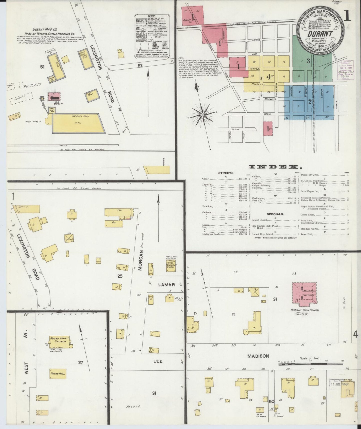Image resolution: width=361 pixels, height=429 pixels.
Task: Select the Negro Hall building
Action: click(58, 374)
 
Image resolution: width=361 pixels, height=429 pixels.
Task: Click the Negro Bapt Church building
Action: click(59, 340)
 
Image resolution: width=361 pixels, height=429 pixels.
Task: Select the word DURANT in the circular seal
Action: click(320, 34)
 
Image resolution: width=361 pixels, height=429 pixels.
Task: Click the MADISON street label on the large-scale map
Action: click(258, 356)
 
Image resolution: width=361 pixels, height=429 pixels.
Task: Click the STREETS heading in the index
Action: click(226, 173)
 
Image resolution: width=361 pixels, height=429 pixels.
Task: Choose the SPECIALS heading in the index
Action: click(275, 214)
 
